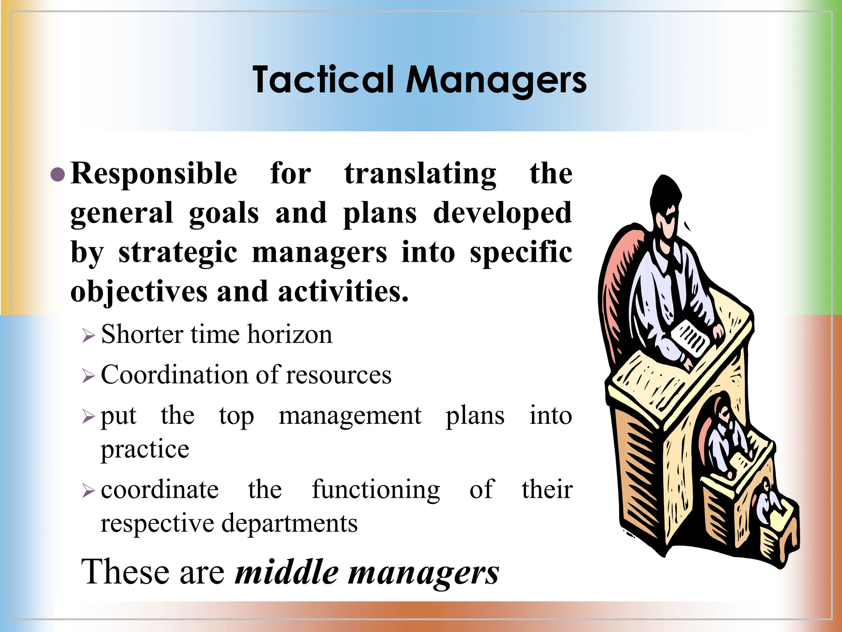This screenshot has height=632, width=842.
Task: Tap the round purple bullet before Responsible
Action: tap(58, 174)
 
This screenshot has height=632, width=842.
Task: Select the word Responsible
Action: tap(154, 174)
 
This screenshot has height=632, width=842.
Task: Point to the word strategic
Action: tap(178, 253)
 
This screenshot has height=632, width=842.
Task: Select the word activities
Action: tap(343, 291)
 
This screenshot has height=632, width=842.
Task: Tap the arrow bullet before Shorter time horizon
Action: tap(88, 335)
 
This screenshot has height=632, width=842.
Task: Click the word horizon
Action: tap(289, 334)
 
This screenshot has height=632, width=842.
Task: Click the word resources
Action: tap(338, 376)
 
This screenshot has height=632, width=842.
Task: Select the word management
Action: tap(350, 416)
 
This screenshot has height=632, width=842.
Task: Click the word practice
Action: tap(145, 449)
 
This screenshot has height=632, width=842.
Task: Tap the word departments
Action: tap(289, 524)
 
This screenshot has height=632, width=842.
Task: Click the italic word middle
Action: tap(286, 572)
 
